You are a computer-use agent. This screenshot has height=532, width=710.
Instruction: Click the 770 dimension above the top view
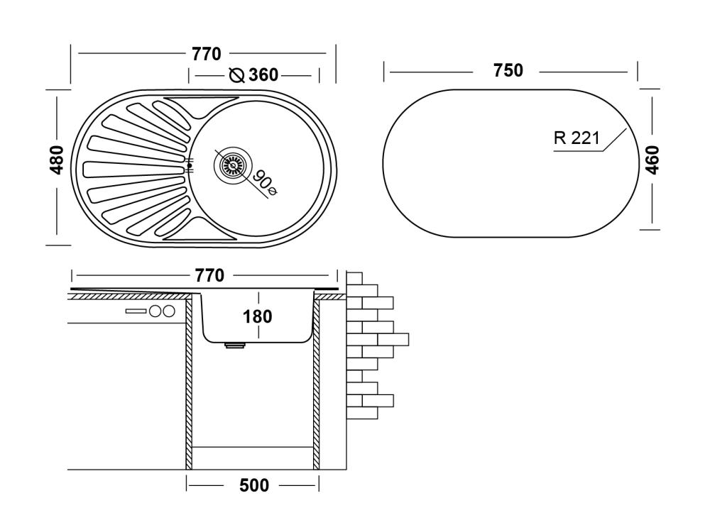pos(206,53)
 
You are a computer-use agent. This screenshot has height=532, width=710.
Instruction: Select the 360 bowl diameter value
pos(263,75)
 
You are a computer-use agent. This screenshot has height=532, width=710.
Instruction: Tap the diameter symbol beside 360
pos(237,75)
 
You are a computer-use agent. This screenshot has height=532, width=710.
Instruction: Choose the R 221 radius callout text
pos(576,138)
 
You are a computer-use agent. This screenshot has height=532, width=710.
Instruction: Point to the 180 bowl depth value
pos(257,316)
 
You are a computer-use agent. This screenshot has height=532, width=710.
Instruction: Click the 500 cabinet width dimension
pos(253,486)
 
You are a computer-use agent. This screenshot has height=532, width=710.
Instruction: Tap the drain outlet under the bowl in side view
pos(234,346)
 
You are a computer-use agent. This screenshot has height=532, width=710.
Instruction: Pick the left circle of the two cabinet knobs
pos(154,311)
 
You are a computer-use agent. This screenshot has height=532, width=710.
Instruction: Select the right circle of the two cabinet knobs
pos(168,311)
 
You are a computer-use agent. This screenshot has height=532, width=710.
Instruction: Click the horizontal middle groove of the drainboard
pos(131,169)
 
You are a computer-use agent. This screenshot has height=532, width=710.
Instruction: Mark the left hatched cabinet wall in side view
pos(190,383)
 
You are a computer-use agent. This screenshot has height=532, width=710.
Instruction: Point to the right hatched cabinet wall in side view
pos(316,383)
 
